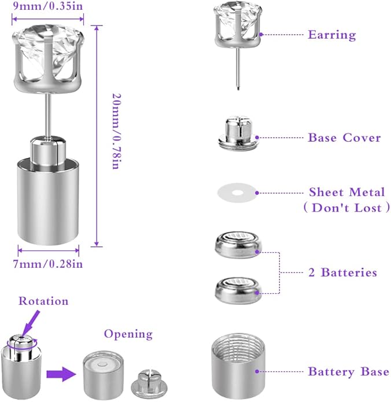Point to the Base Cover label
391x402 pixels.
pos(344,138)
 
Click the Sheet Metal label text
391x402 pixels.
pos(347,193)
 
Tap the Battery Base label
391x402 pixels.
pos(348,371)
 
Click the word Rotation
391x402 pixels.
pos(43,301)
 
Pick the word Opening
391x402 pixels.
pos(128,334)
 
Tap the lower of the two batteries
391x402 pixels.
pos(238,288)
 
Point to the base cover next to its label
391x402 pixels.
pos(237,134)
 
